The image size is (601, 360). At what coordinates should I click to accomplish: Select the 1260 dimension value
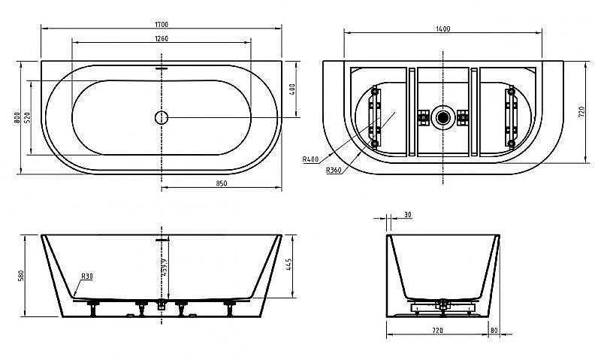[x=162, y=39]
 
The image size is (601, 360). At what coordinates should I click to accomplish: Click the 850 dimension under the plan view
[x=222, y=183]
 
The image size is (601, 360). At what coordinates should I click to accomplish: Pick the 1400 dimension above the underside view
[x=442, y=29]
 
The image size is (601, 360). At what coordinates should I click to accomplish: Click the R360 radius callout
[x=335, y=171]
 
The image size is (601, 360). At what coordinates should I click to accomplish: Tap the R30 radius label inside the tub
[x=87, y=276]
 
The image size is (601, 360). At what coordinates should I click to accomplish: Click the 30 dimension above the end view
[x=407, y=215]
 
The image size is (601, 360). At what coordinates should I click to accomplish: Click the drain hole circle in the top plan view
[x=162, y=116]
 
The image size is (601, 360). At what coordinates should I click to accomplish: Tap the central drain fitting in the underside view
[x=442, y=116]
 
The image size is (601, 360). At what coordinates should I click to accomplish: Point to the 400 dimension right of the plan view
[x=292, y=89]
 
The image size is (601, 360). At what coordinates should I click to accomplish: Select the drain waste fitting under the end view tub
[x=443, y=304]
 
